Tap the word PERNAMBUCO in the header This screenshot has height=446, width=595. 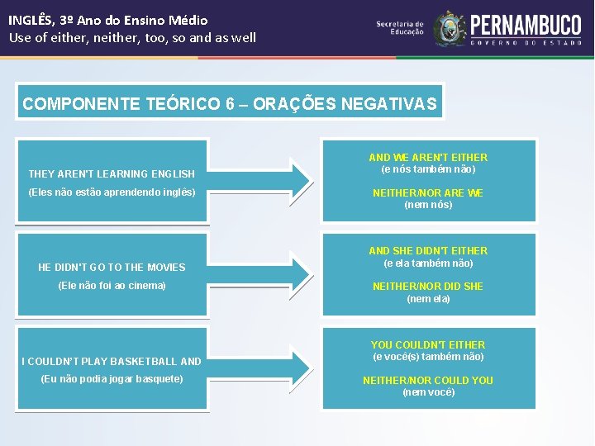coord(526,24)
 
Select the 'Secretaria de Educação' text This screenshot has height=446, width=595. coord(400,28)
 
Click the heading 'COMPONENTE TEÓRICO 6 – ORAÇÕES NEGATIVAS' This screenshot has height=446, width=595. coord(230,104)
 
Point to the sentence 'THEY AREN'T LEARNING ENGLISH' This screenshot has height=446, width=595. coord(112,174)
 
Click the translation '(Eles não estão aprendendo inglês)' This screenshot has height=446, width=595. coord(112,192)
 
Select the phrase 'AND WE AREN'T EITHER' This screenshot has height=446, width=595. coord(428,157)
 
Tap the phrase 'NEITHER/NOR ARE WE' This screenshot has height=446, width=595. coord(428,192)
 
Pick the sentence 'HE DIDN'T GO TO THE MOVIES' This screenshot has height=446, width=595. coord(112,268)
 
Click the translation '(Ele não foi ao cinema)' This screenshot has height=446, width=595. coord(112,286)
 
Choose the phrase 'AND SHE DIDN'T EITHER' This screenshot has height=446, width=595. coord(428,250)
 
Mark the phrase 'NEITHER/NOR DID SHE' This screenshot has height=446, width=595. coord(428,286)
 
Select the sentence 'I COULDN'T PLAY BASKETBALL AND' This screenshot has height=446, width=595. coord(112,361)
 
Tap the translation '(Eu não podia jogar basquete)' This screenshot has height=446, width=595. coord(112,379)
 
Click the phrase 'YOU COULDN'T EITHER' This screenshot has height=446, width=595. coord(428,344)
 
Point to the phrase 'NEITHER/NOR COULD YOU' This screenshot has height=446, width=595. coord(428,380)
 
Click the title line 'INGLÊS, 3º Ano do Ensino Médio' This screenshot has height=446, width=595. coord(108,20)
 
